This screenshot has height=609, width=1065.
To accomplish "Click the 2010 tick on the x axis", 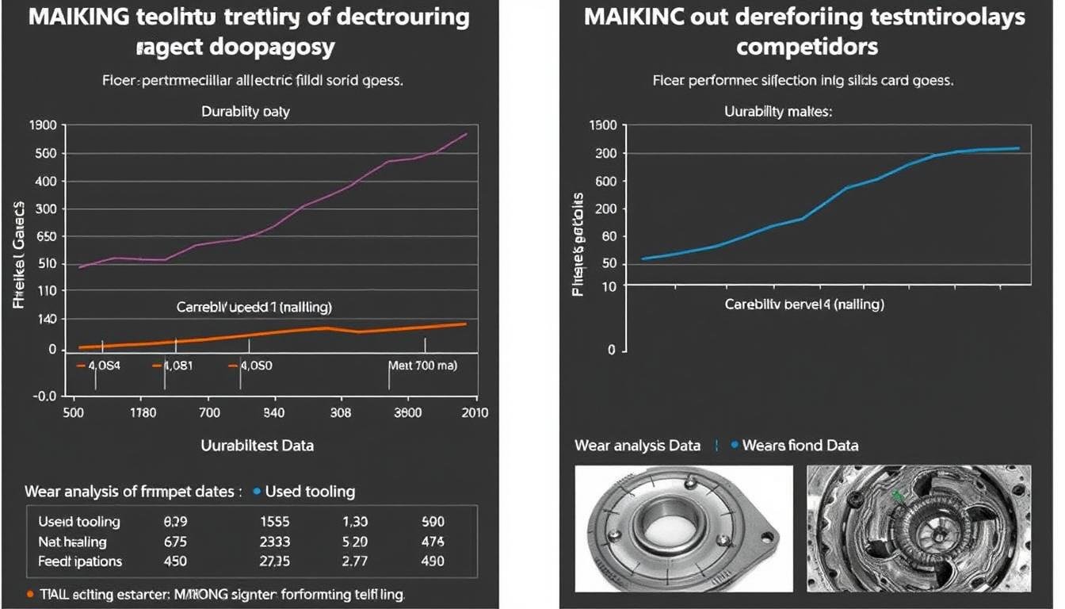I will click(474, 412).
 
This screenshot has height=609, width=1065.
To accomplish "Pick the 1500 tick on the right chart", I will click(604, 125).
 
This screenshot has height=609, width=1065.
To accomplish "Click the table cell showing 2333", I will click(275, 542).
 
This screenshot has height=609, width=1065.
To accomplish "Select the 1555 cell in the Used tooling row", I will click(275, 522).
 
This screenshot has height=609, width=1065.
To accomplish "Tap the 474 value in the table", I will click(433, 542).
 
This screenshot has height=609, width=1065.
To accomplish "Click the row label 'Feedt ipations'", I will click(80, 561).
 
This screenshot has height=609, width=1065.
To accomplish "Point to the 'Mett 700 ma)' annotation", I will click(422, 366).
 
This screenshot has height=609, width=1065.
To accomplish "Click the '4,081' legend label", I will click(177, 366).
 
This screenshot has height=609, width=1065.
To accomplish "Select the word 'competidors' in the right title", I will click(807, 46).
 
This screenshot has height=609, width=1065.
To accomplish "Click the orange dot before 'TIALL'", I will click(29, 593).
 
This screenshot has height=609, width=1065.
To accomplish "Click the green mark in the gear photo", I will click(897, 497).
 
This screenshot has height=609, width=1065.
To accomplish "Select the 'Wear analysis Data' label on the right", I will click(637, 446).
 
